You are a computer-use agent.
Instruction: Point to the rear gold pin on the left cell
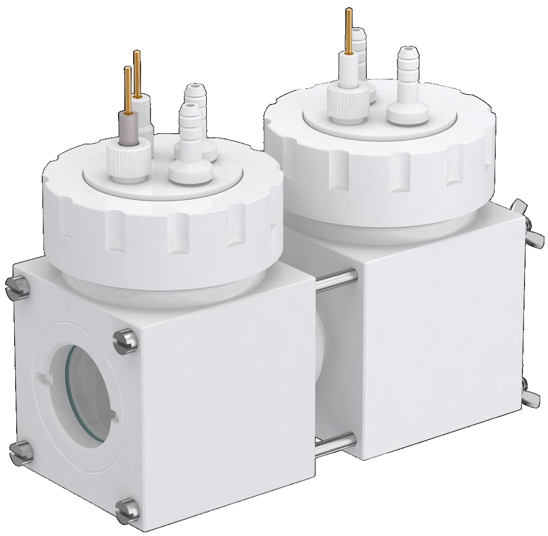137,73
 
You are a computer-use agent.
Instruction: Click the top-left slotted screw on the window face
16,285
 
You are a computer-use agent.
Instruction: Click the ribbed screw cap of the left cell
162,219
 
